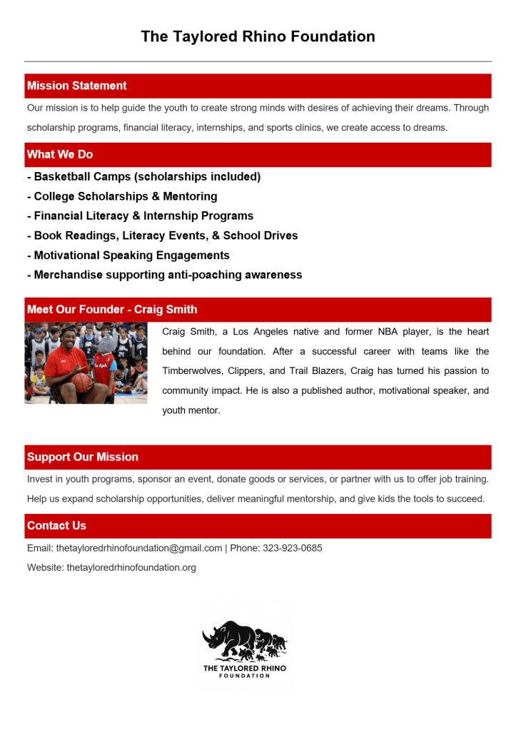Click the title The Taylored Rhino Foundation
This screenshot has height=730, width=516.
258,36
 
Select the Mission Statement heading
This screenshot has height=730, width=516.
77,86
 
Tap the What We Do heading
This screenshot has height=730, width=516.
60,154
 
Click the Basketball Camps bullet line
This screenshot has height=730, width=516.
143,176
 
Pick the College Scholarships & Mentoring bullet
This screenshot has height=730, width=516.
122,196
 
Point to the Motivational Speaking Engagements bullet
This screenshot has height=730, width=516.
128,255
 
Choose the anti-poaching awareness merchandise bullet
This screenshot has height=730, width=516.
164,275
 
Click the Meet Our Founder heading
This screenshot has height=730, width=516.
112,310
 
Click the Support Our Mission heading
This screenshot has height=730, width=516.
83,457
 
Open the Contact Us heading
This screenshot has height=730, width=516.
56,526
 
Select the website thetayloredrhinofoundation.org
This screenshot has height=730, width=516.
131,568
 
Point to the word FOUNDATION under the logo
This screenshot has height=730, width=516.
245,676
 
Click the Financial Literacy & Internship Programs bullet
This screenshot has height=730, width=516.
140,216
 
